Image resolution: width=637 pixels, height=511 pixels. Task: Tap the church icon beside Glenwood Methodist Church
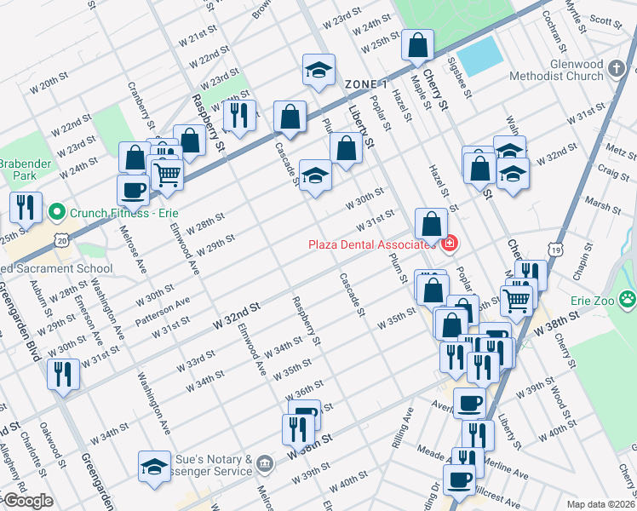tap(617, 67)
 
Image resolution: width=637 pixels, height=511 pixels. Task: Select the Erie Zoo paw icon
tap(628, 299)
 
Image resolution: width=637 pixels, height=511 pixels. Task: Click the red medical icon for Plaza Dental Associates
tap(449, 244)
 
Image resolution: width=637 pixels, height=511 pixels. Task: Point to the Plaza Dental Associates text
tap(371, 245)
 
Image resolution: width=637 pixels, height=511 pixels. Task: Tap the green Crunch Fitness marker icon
tap(57, 210)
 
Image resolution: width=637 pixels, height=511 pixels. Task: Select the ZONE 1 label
tap(366, 84)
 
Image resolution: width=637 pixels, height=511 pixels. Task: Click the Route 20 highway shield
tap(60, 241)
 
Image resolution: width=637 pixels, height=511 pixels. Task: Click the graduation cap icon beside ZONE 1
tap(318, 70)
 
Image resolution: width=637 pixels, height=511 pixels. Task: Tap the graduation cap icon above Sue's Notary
tap(154, 466)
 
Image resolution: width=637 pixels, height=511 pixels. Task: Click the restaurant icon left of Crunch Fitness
tap(25, 205)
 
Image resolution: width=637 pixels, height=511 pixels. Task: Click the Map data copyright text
tap(600, 503)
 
